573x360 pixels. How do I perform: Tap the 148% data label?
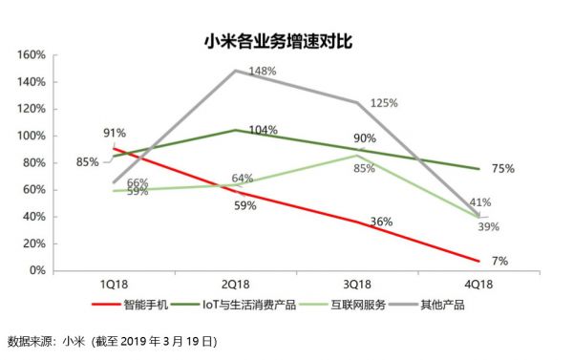pos(263,71)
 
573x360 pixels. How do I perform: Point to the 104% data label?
pos(263,130)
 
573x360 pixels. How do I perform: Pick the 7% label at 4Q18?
pos(500,262)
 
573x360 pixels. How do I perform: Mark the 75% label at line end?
pos(503,169)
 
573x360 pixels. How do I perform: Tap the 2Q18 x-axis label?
pos(236,286)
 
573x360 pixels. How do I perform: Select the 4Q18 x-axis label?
pos(479,286)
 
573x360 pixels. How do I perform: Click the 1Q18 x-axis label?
pos(115,286)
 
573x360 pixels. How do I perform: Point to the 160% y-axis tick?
pos(31,55)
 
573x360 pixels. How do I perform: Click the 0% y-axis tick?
pos(37,271)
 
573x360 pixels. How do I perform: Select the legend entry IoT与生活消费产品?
pos(249,305)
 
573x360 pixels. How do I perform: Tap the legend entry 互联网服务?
pos(362,305)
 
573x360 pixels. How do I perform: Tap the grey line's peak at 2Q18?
pos(235,71)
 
